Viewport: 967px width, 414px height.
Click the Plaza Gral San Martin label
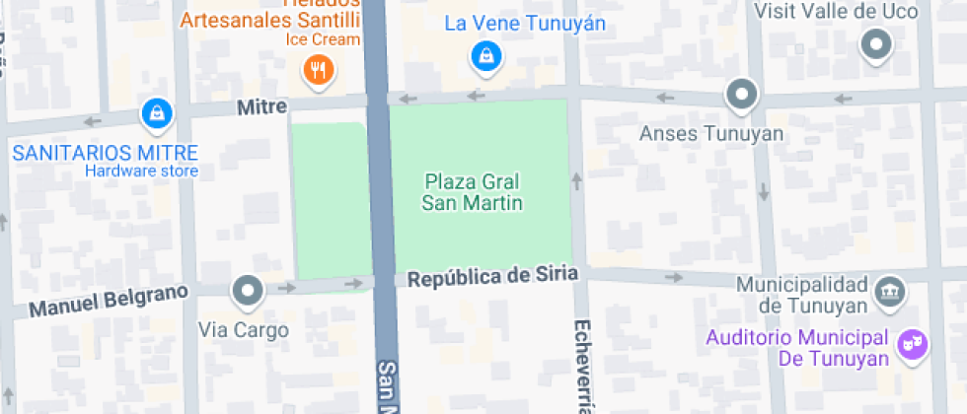(472, 192)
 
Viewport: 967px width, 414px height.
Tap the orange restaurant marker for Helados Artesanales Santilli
(319, 70)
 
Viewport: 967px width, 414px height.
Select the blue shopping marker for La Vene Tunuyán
(485, 57)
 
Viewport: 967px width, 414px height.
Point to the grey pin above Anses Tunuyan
(741, 96)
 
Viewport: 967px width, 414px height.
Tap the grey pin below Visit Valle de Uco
(875, 44)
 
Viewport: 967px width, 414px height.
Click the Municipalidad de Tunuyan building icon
(887, 292)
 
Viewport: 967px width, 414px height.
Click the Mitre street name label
(261, 106)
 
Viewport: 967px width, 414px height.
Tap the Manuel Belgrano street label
(108, 300)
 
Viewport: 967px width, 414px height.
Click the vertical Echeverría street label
(581, 365)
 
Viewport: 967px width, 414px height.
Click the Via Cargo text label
(244, 330)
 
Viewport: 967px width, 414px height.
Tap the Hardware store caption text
(141, 171)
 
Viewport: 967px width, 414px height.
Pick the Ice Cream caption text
(323, 39)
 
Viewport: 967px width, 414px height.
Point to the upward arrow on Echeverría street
(576, 180)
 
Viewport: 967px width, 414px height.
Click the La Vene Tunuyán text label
(524, 23)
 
